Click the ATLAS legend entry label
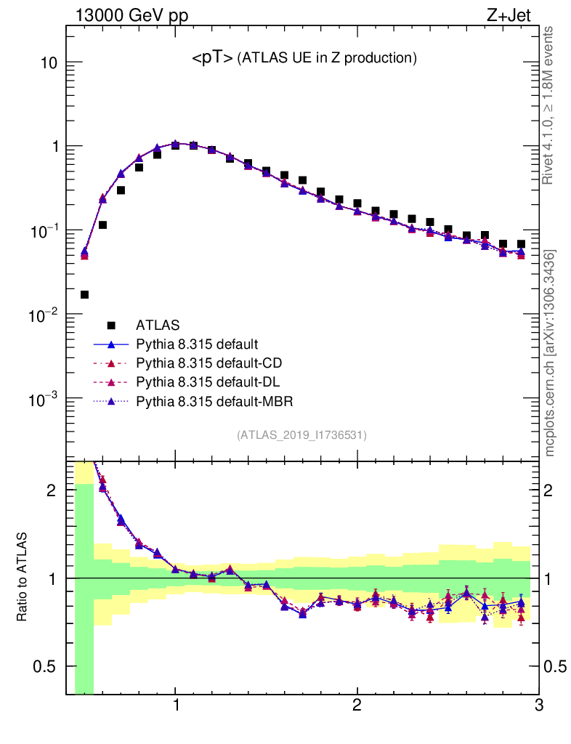point(158,324)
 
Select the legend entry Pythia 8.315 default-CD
point(207,362)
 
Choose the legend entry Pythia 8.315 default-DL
point(207,381)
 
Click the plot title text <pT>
point(212,59)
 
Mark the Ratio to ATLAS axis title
point(23,577)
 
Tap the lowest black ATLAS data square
point(84,294)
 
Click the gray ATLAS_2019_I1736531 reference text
point(301,435)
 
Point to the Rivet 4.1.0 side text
point(548,105)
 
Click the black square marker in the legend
point(111,324)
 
